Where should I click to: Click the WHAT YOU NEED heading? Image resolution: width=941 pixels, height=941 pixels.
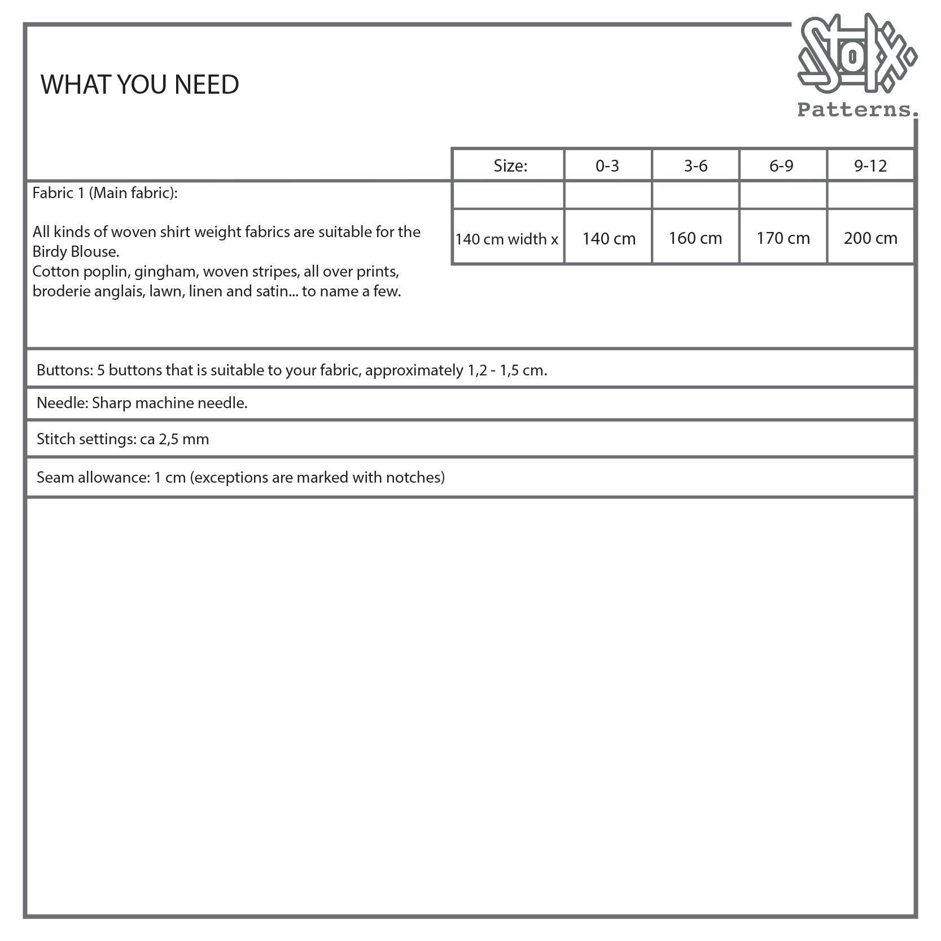139,85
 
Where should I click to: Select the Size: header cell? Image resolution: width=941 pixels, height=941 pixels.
510,165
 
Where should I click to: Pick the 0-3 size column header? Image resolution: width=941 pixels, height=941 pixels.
607,165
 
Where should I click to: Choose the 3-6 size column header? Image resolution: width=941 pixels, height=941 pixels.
695,165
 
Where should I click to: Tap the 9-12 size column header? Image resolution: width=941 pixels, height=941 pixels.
870,165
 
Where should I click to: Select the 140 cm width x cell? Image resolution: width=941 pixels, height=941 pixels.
506,239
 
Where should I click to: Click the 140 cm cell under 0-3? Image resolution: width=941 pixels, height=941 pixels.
609,238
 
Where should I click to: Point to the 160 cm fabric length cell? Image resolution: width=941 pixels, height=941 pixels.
695,238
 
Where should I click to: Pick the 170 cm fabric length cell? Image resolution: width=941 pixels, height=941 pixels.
783,238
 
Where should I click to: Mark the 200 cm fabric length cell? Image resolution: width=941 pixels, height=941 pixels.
870,238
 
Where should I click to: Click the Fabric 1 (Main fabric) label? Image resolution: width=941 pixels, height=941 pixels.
105,193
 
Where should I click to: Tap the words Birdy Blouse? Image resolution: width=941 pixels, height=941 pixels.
76,252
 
